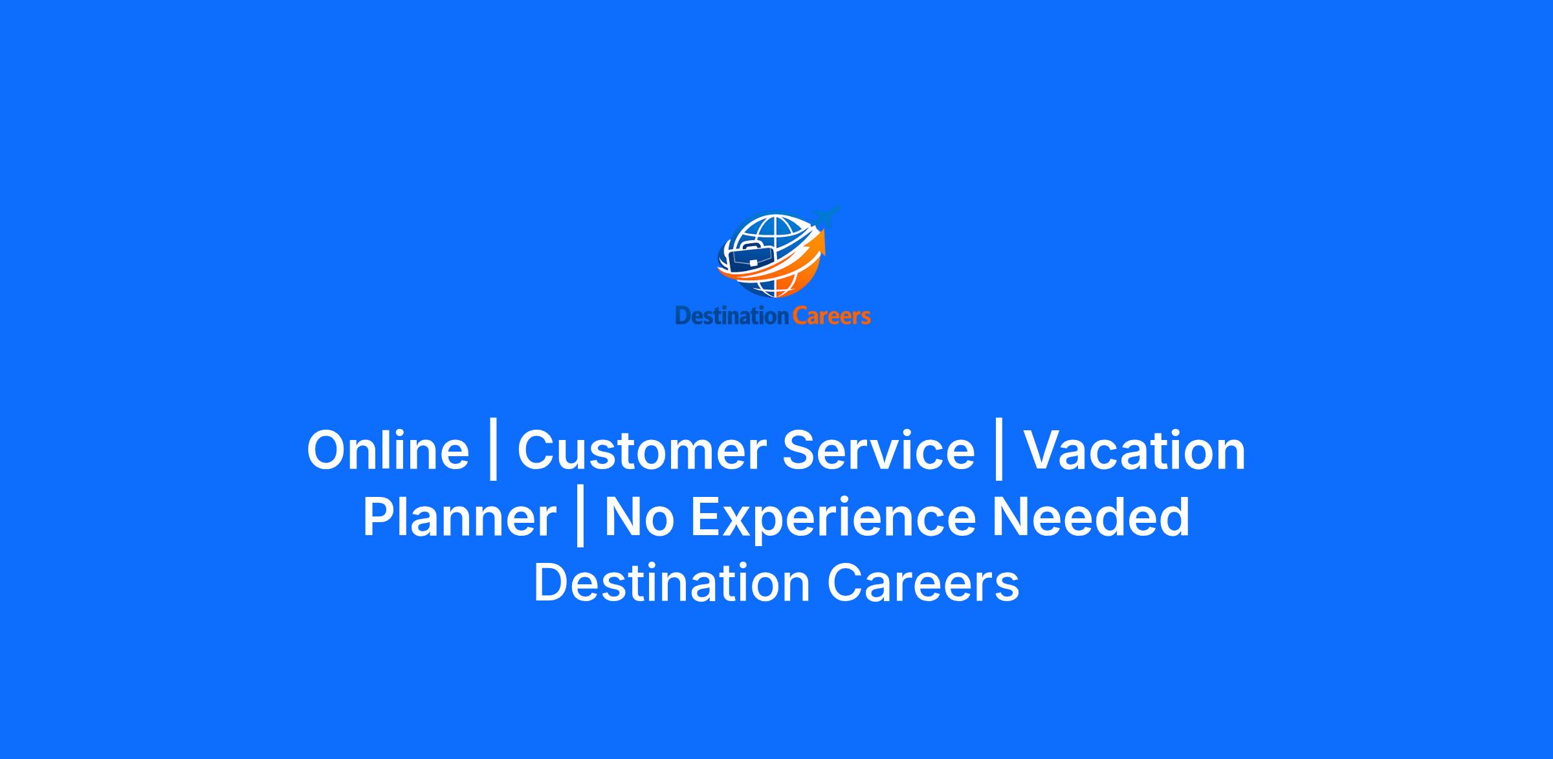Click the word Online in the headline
click(x=388, y=450)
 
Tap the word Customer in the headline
click(x=641, y=450)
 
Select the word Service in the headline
click(x=878, y=450)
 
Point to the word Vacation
click(x=1134, y=450)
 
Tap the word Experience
click(x=833, y=518)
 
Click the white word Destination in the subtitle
click(x=672, y=583)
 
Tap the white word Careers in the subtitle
click(x=923, y=583)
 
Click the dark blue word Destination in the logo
click(x=732, y=316)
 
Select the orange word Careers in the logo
click(x=832, y=316)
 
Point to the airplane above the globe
click(x=826, y=216)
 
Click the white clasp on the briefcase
click(x=753, y=263)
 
